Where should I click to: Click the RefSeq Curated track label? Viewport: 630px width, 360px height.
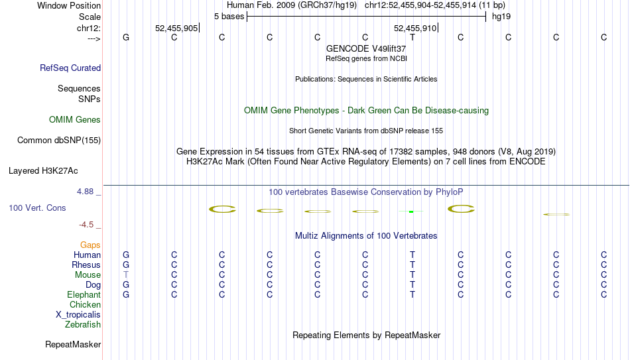[x=70, y=68]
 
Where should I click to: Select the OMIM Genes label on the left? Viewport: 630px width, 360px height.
[x=75, y=120]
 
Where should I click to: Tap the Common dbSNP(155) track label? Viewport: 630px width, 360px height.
[x=59, y=141]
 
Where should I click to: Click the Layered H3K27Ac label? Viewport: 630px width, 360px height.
[x=43, y=171]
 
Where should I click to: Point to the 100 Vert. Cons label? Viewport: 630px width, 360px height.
[x=37, y=208]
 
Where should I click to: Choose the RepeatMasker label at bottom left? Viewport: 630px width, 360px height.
[x=73, y=344]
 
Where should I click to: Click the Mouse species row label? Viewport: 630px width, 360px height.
[x=88, y=275]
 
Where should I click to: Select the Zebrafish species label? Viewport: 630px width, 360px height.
[x=83, y=324]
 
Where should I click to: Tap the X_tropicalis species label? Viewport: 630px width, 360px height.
[x=78, y=315]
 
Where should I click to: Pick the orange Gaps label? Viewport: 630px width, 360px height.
[x=90, y=245]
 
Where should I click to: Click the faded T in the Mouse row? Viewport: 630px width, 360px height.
[x=126, y=275]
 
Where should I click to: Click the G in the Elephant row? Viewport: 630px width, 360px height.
[x=126, y=294]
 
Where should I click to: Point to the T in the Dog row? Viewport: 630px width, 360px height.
[x=412, y=285]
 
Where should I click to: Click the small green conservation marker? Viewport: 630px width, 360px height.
[x=411, y=211]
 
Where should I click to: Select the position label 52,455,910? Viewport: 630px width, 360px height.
[x=415, y=28]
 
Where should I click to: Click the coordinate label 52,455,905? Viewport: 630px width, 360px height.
[x=176, y=28]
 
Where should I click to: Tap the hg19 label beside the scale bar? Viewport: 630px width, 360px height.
[x=501, y=17]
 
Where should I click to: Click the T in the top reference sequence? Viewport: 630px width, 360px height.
[x=412, y=37]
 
